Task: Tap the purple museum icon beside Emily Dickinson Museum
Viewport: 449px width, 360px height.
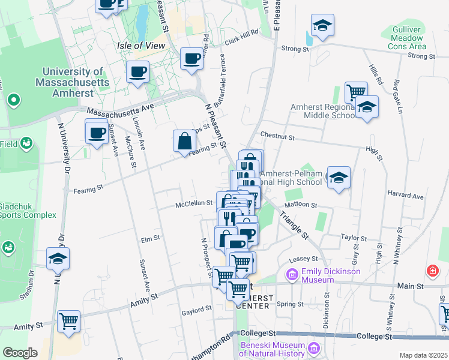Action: click(x=292, y=275)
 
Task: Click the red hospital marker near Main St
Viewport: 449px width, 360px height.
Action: click(x=432, y=271)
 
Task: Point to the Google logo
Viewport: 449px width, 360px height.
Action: click(x=20, y=353)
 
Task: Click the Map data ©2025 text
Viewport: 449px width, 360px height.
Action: click(x=424, y=355)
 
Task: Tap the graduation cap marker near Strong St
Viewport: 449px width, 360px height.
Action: click(x=322, y=25)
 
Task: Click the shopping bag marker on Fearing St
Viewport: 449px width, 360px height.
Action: click(x=184, y=142)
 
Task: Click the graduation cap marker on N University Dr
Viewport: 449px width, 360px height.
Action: click(x=58, y=259)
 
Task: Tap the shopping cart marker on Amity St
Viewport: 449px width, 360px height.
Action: click(x=68, y=322)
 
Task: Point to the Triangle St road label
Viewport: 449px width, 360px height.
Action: click(x=294, y=226)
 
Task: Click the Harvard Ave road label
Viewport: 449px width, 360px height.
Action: click(x=406, y=196)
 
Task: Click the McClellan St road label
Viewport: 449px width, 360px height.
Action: click(x=193, y=203)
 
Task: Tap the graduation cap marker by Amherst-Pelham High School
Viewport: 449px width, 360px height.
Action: click(x=339, y=178)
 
